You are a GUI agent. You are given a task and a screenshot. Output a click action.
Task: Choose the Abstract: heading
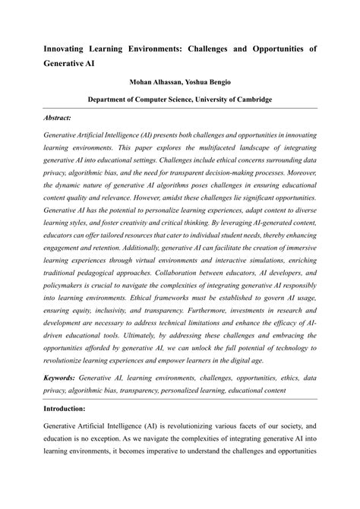pyautogui.click(x=58, y=119)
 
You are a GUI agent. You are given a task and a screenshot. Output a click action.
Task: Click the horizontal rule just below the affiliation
pyautogui.click(x=180, y=110)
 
